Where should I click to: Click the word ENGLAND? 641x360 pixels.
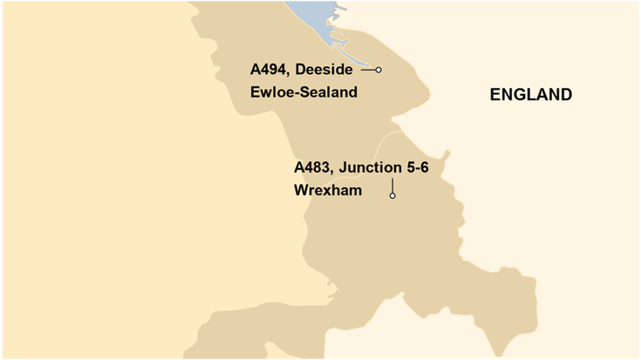pyautogui.click(x=530, y=95)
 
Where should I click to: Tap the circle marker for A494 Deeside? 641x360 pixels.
pyautogui.click(x=378, y=70)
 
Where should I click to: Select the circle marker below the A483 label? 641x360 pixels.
pyautogui.click(x=392, y=196)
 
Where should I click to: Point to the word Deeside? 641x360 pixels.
pyautogui.click(x=325, y=71)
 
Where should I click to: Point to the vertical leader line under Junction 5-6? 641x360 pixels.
pyautogui.click(x=392, y=185)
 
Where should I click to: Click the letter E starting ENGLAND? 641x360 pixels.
pyautogui.click(x=494, y=95)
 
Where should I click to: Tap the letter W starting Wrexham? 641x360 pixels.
pyautogui.click(x=302, y=189)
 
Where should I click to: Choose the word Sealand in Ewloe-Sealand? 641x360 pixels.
pyautogui.click(x=328, y=92)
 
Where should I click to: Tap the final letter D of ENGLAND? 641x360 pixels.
pyautogui.click(x=566, y=95)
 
